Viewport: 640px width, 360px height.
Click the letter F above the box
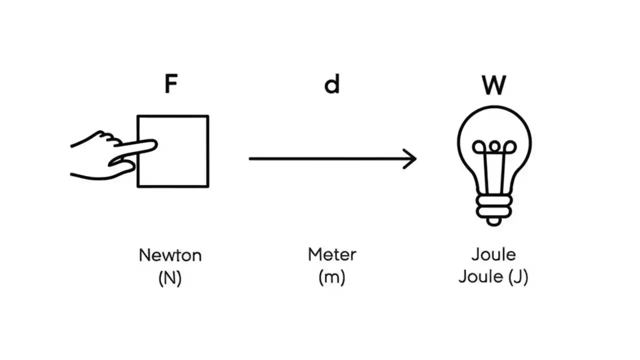[170, 84]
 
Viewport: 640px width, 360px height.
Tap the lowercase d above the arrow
[332, 84]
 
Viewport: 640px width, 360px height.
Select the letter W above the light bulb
[493, 85]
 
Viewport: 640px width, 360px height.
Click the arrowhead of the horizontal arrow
[412, 159]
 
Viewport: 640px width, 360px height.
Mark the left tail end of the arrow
[251, 159]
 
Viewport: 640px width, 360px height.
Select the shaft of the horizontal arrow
[330, 159]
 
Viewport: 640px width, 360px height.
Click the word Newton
[170, 255]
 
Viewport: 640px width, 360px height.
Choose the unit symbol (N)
[170, 278]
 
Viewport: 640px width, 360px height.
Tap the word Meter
[332, 254]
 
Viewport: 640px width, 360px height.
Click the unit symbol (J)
[518, 277]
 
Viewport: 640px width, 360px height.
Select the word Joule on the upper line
[493, 254]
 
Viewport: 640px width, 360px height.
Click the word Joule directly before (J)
[481, 276]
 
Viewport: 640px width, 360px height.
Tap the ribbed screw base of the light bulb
[494, 205]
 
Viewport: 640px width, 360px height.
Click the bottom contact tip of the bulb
[494, 220]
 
